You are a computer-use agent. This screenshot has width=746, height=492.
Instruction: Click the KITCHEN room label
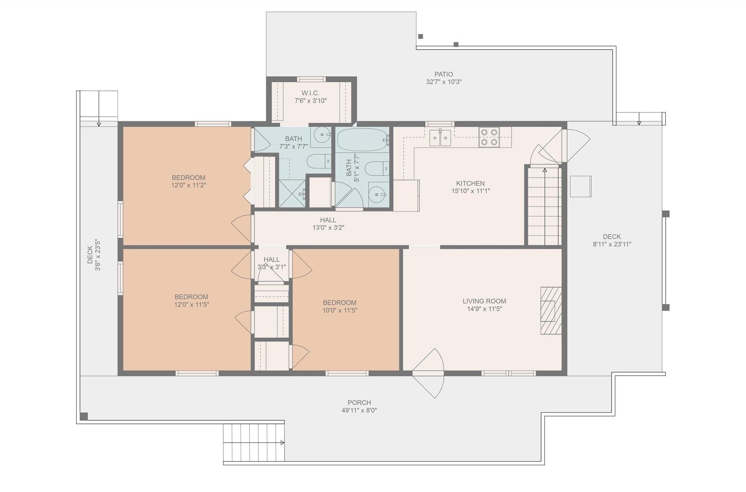(x=470, y=183)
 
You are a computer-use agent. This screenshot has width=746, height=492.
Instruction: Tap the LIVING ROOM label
(x=484, y=301)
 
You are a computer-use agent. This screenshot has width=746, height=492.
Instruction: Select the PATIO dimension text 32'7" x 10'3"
(x=444, y=82)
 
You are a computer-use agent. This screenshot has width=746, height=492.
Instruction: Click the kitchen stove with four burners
(x=489, y=137)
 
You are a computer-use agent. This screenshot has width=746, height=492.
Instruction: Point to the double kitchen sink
(x=440, y=137)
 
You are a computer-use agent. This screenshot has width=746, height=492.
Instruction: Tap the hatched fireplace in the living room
(x=551, y=310)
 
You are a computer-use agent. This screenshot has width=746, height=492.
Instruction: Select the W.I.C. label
(x=310, y=93)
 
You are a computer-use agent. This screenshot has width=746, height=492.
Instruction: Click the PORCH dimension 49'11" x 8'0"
(x=359, y=410)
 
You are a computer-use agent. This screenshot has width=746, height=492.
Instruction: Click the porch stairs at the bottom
(x=254, y=443)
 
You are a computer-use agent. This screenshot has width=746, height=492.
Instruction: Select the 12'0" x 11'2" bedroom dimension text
(x=189, y=185)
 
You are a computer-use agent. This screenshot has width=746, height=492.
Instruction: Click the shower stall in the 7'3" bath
(x=292, y=193)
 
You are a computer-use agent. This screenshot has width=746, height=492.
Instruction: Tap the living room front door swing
(x=428, y=373)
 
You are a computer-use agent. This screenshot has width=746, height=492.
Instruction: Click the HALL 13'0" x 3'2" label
(x=328, y=224)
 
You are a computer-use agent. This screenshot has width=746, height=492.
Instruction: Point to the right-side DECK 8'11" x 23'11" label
(x=612, y=241)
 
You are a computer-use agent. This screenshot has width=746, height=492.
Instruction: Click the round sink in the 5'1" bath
(x=377, y=195)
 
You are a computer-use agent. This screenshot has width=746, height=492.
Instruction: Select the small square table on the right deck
(x=581, y=187)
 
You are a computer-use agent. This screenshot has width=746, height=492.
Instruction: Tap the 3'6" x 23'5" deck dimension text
(x=98, y=255)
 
